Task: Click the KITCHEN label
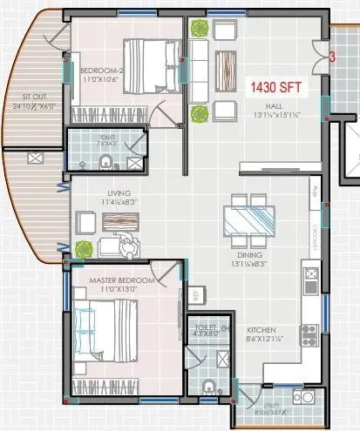[262, 331]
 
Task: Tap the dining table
[248, 221]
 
